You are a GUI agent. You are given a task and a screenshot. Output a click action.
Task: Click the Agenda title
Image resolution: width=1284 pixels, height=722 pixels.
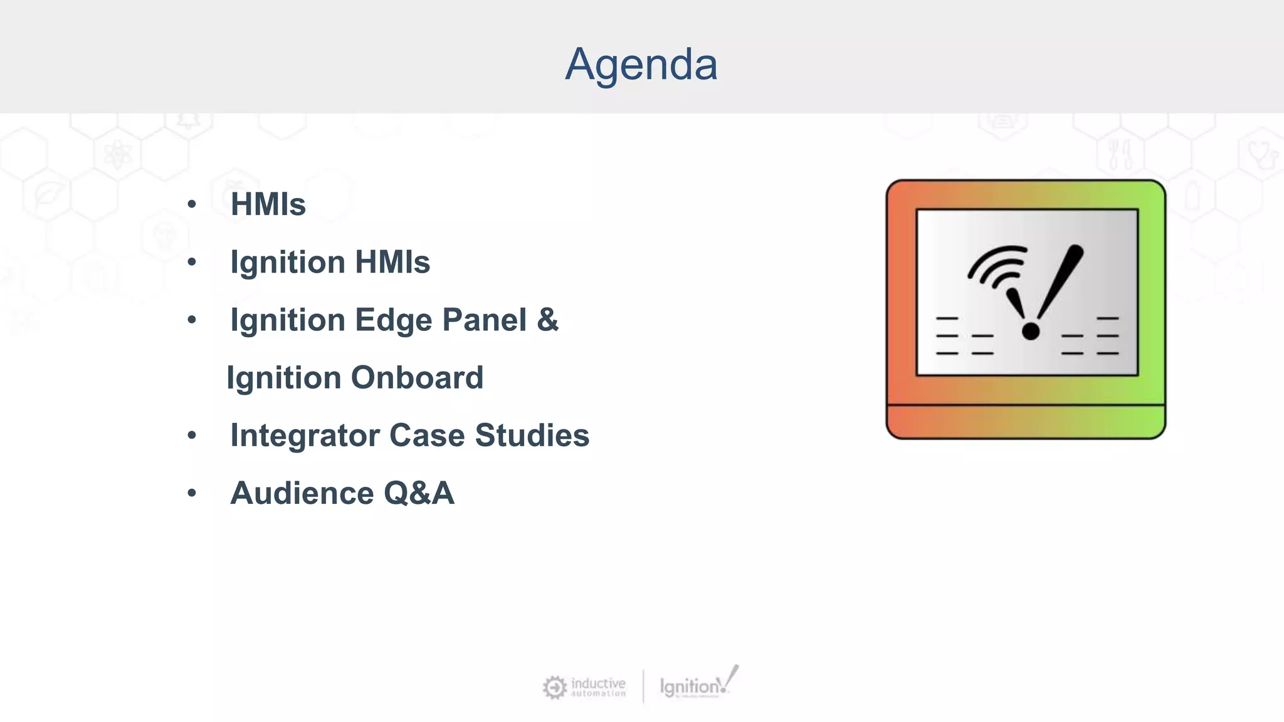(x=641, y=65)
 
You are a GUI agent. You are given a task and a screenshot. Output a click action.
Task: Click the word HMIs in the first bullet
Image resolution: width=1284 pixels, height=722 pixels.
(x=268, y=204)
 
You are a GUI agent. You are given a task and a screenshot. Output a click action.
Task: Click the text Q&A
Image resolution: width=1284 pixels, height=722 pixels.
(x=418, y=493)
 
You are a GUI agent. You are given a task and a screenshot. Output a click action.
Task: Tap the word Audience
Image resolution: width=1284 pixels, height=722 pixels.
(x=302, y=493)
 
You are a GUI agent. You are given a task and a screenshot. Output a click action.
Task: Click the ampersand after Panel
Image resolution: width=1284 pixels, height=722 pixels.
(x=547, y=320)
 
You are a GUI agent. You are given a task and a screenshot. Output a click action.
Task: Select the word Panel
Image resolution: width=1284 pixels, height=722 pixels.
(x=484, y=320)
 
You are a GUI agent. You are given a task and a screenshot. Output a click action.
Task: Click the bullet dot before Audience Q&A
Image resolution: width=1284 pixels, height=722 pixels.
(x=192, y=493)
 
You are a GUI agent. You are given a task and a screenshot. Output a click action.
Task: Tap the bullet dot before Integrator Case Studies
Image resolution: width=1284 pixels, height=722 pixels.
(x=192, y=436)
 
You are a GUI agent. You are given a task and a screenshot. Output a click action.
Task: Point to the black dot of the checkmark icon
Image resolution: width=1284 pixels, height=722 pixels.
(x=1031, y=331)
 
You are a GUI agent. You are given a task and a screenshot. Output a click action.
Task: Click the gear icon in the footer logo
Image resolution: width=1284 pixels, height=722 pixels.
(x=555, y=688)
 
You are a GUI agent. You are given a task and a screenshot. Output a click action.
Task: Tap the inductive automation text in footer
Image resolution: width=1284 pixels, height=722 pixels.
(x=598, y=686)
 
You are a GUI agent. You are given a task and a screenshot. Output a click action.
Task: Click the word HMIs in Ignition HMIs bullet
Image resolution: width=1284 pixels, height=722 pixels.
(x=392, y=263)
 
